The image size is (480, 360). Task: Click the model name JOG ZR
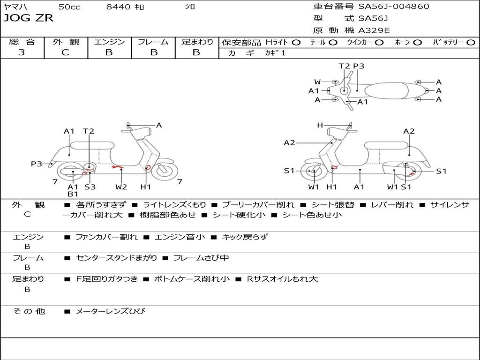pos(29,18)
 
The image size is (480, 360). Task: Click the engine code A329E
pos(374,31)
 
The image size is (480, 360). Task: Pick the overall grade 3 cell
pos(22,52)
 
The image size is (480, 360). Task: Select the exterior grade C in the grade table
pos(66,52)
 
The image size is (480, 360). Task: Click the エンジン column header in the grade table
pos(109,42)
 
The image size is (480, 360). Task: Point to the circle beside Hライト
pos(297,42)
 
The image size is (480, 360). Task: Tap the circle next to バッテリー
pos(471,42)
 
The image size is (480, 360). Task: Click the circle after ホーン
pos(417,42)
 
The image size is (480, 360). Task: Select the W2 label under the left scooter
pos(121,187)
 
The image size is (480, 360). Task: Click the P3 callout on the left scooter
pos(37,164)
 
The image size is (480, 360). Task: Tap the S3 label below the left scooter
pos(90,187)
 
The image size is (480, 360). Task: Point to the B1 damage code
pos(73,194)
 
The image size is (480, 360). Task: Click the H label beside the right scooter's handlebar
pos(320,125)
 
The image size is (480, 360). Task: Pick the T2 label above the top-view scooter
pos(345,66)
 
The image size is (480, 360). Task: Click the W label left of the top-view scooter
pos(318,82)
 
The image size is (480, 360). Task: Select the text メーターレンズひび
pos(111,311)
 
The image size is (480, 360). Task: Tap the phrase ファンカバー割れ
pos(106,237)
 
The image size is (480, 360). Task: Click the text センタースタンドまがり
pos(117,258)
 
